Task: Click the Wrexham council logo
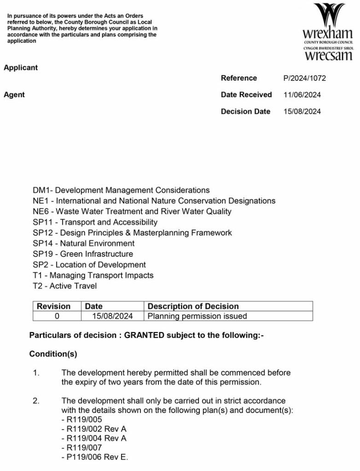coord(327,32)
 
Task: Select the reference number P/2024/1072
coord(304,78)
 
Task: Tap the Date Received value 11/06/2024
coord(302,95)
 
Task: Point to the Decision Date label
coord(245,111)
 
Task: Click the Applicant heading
coord(21,68)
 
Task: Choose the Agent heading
coord(14,95)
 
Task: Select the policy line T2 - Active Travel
coord(65,286)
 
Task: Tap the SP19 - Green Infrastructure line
coord(83,254)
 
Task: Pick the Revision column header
coord(54,306)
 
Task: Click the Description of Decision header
coord(193,306)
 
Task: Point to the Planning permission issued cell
coord(197,316)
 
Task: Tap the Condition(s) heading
coord(53,354)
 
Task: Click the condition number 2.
coord(35,401)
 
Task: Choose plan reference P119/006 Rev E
coord(95,457)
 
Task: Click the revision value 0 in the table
coord(57,316)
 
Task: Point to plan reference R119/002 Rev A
coord(94,429)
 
